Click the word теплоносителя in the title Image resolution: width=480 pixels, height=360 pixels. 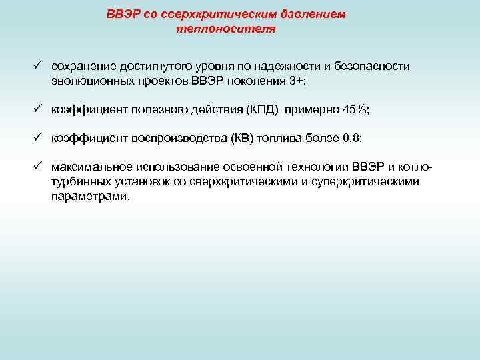pyautogui.click(x=226, y=30)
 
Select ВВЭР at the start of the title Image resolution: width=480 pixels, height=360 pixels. pyautogui.click(x=122, y=15)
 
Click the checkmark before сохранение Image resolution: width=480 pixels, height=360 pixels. pyautogui.click(x=39, y=66)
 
